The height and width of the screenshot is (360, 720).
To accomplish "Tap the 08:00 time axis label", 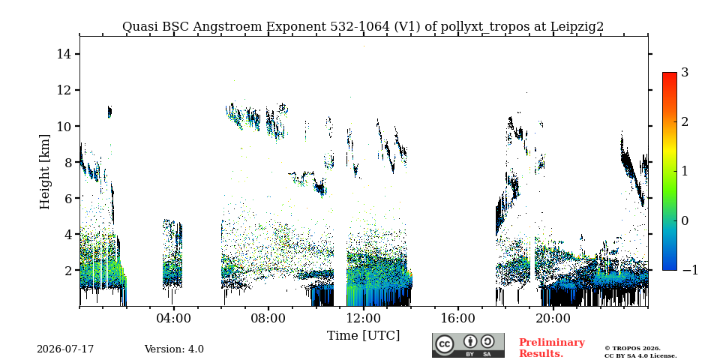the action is pos(268,318).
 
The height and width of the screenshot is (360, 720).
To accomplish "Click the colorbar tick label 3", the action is pos(685,73).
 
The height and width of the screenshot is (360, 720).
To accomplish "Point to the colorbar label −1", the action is pos(690,270).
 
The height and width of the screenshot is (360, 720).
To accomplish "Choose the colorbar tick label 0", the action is pos(685,220).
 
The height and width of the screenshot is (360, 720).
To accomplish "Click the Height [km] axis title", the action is pos(44,172).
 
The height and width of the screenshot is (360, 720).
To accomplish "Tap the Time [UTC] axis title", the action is pos(363,336).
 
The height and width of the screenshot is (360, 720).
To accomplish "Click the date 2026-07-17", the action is pos(65,349).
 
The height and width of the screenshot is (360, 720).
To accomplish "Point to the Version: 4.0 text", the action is pos(174,349).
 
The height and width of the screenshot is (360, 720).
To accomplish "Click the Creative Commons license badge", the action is pos(468,345).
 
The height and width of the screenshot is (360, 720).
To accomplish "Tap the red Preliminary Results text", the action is pos(552,347).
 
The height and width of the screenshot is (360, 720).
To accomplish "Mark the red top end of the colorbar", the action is pos(670,73).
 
